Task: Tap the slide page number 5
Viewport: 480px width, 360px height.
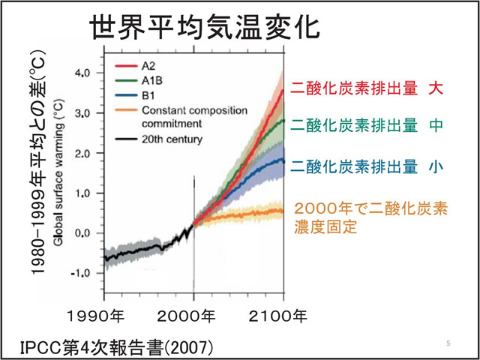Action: point(448,343)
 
